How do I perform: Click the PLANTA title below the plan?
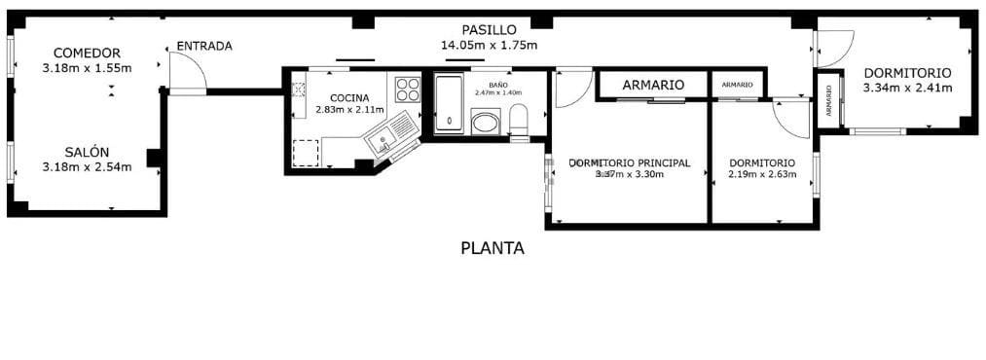click(492, 248)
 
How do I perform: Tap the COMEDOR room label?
click(87, 53)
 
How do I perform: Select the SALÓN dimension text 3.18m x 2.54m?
click(87, 167)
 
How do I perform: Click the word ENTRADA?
click(203, 46)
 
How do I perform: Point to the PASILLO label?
click(489, 29)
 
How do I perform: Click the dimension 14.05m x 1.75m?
click(489, 45)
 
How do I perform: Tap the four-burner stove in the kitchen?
click(408, 90)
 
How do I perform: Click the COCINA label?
click(349, 97)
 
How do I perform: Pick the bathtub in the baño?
click(449, 102)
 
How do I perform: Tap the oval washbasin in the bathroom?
click(484, 123)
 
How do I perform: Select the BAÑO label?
click(497, 85)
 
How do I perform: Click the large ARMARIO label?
click(652, 85)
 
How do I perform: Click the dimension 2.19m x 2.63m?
click(762, 175)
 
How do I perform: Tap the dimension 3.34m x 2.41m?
click(906, 89)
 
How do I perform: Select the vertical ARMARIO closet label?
click(828, 100)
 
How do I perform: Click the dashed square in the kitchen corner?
click(306, 153)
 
